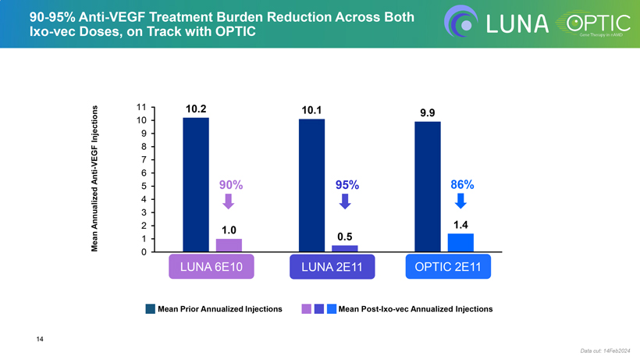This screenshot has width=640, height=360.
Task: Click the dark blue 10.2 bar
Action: pos(196,184)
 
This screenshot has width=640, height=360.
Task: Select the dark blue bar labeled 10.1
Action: pos(311,185)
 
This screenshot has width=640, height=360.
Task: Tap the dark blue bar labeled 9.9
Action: pos(428,187)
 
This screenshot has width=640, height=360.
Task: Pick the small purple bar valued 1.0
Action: pos(229,245)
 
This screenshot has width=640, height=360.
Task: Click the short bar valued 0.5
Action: pos(344,248)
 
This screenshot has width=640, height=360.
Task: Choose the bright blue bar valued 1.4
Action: pos(460,243)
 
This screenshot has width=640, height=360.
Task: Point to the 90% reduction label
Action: pos(230,185)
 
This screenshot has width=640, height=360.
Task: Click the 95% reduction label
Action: pos(347,185)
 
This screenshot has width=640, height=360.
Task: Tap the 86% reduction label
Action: pos(462,185)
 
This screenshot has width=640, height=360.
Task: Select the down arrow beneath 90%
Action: pos(229,201)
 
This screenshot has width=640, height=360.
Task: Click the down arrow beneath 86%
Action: pos(460,201)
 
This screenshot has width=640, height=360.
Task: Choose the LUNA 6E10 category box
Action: pos(212,267)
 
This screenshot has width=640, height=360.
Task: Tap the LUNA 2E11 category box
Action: pos(327,267)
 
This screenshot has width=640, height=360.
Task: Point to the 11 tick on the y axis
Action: pos(141,107)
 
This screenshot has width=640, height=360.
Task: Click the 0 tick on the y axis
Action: pos(144,252)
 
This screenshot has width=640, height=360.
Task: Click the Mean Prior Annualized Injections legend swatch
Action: pos(150,309)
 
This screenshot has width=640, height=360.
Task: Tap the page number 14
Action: pos(39,338)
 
